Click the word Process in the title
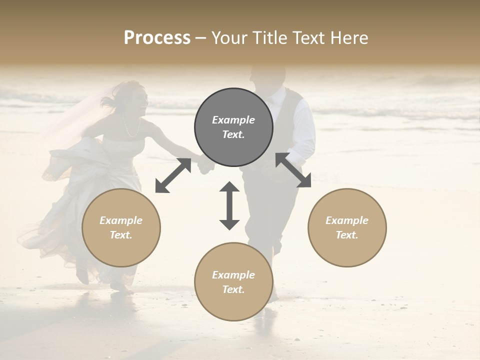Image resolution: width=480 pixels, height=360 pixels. (x=157, y=38)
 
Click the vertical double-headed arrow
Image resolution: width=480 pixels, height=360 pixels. (x=229, y=205)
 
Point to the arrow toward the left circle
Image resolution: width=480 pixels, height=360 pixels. (x=173, y=175)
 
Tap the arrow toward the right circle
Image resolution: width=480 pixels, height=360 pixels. (x=293, y=170)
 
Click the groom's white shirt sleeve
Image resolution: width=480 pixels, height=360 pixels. (x=305, y=130)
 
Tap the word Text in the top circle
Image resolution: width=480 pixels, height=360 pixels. (x=233, y=134)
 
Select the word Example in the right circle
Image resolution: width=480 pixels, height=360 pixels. (x=347, y=220)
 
